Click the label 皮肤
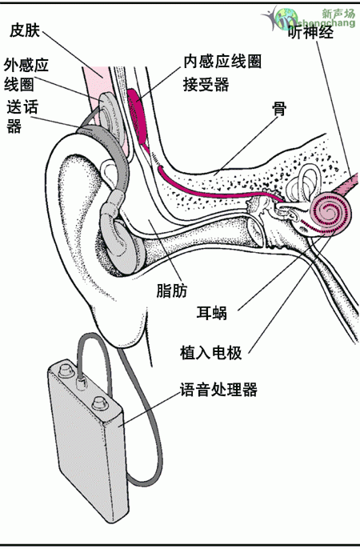(25, 30)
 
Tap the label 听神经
(310, 33)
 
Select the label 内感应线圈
(223, 62)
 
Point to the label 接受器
(206, 84)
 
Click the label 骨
(279, 109)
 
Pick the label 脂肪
(172, 291)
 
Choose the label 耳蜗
(212, 313)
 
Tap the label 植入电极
(211, 353)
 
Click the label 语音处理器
(218, 390)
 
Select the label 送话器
(22, 117)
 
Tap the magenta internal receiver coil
(138, 116)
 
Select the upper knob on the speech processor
(65, 370)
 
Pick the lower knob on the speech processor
(101, 403)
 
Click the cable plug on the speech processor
(81, 383)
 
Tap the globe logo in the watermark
(286, 19)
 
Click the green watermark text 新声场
(338, 14)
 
